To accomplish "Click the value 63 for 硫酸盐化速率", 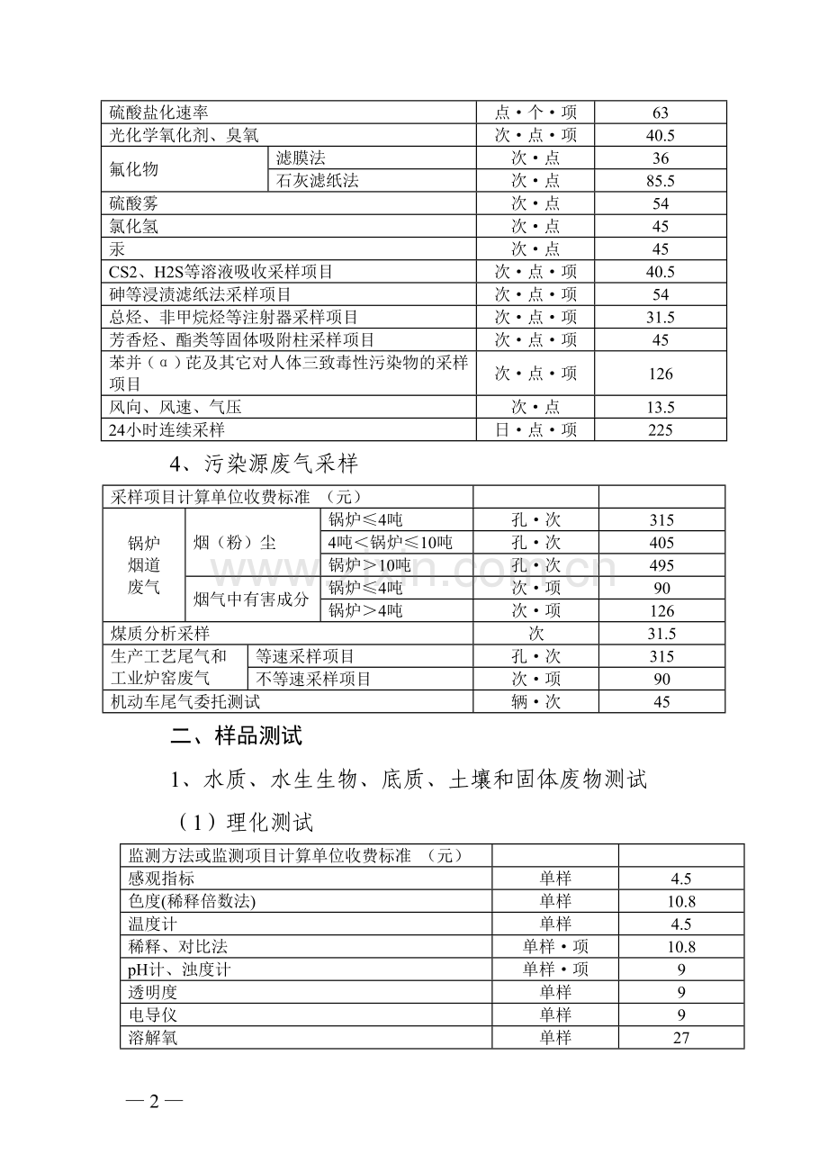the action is click(x=661, y=113).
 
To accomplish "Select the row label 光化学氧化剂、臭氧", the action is click(x=184, y=135).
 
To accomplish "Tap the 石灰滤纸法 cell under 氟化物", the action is click(x=318, y=180).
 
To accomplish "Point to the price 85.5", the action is click(x=661, y=181).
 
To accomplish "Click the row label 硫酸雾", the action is click(x=133, y=203).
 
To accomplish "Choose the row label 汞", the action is click(x=117, y=249).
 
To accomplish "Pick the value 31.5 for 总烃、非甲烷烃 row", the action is click(x=661, y=317).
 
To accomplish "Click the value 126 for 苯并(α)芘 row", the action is click(x=661, y=374).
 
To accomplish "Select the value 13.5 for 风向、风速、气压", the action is click(x=661, y=407).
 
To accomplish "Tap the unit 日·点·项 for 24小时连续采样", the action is click(x=535, y=429).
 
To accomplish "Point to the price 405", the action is click(x=661, y=543).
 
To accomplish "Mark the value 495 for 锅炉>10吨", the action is click(x=661, y=565).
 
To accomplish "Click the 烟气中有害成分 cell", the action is click(x=251, y=600).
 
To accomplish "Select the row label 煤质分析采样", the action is click(x=160, y=634).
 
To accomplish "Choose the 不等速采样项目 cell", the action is click(x=314, y=679).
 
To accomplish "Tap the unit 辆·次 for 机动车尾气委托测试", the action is click(x=535, y=702).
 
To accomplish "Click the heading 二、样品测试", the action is click(x=237, y=736).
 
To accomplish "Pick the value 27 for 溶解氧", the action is click(x=681, y=1038).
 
